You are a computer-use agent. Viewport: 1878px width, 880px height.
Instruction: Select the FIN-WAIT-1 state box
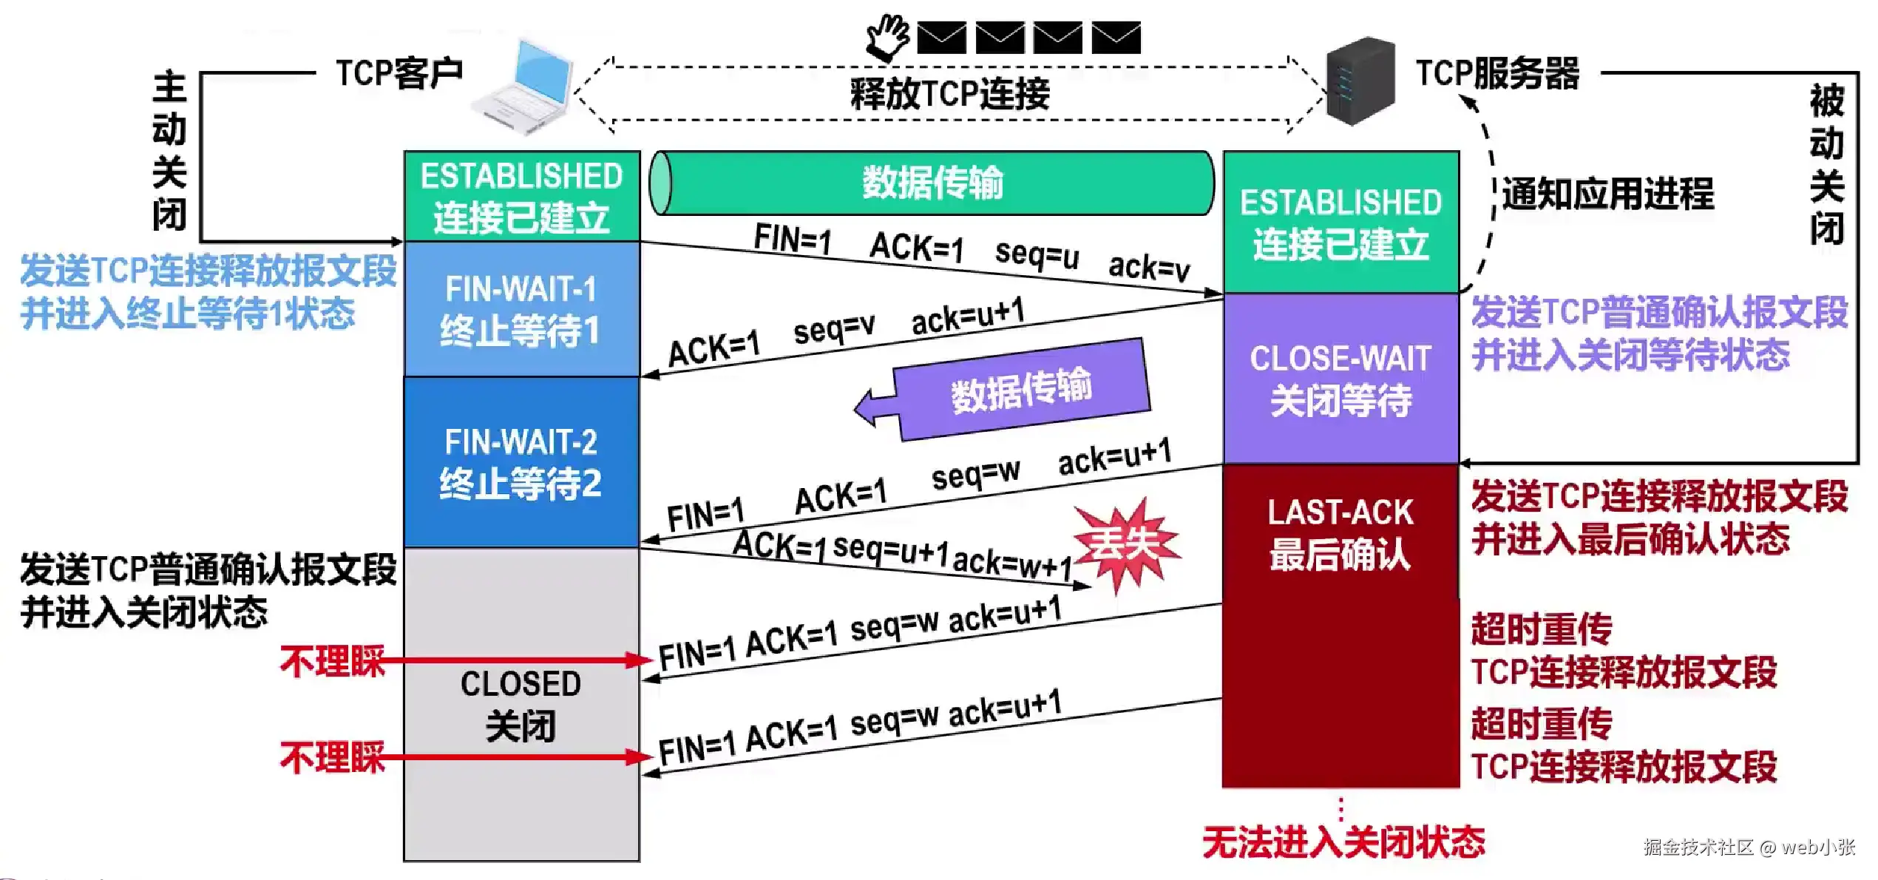521,309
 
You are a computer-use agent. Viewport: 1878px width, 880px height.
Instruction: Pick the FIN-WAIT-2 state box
521,462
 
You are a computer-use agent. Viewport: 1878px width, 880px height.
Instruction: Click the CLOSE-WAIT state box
1340,379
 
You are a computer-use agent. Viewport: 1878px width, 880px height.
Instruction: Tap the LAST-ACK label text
1340,512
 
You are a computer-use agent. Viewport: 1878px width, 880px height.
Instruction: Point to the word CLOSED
521,683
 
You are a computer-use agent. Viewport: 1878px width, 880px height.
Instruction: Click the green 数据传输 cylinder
932,183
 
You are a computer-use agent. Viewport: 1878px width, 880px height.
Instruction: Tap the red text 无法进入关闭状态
1343,842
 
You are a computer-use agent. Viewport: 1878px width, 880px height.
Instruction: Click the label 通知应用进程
1607,194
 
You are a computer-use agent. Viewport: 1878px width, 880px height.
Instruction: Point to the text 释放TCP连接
949,94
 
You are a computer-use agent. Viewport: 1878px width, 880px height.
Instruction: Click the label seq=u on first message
1037,254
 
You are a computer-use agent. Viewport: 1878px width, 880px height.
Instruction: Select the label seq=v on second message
833,328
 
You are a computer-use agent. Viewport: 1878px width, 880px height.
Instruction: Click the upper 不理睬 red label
333,660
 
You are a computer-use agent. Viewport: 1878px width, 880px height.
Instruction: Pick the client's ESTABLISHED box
521,197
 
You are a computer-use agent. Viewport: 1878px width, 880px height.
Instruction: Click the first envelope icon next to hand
941,38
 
